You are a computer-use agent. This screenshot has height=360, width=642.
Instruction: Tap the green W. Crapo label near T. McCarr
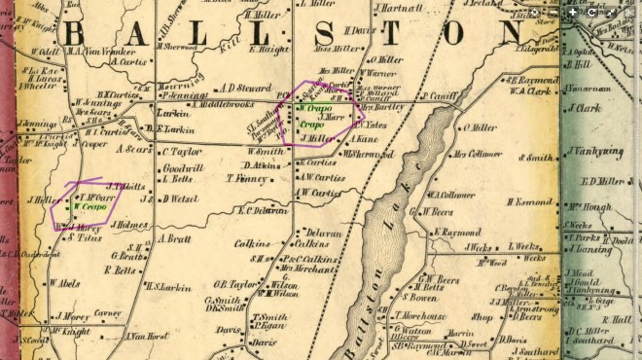point(89,208)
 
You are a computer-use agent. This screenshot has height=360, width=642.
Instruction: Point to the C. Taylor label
point(181,152)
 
